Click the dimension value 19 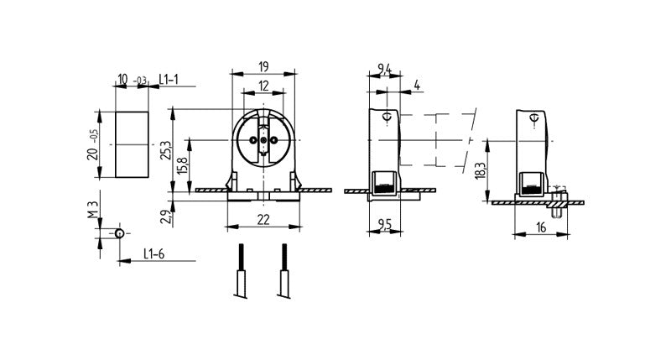point(263,65)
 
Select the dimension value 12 point(263,86)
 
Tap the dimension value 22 point(263,219)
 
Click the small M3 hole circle point(120,232)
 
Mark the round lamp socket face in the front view point(263,140)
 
